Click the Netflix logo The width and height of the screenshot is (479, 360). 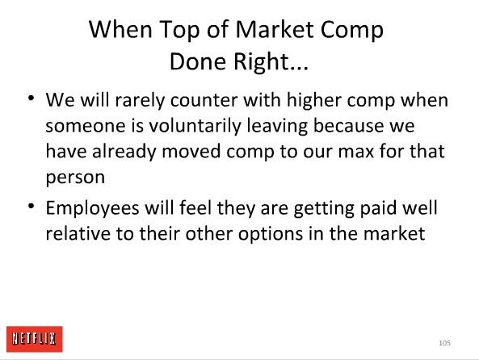pos(35,339)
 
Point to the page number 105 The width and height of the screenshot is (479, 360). pos(444,343)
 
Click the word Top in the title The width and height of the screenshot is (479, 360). pos(179,30)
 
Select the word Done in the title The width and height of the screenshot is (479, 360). pos(198,61)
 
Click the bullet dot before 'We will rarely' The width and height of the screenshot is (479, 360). pos(31,98)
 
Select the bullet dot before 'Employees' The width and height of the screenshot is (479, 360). pos(31,206)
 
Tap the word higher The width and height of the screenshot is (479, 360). pos(313,100)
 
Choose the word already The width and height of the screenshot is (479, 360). pos(124,152)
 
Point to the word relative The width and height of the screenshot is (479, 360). pos(78,234)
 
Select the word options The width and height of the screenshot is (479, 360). pos(271,235)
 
